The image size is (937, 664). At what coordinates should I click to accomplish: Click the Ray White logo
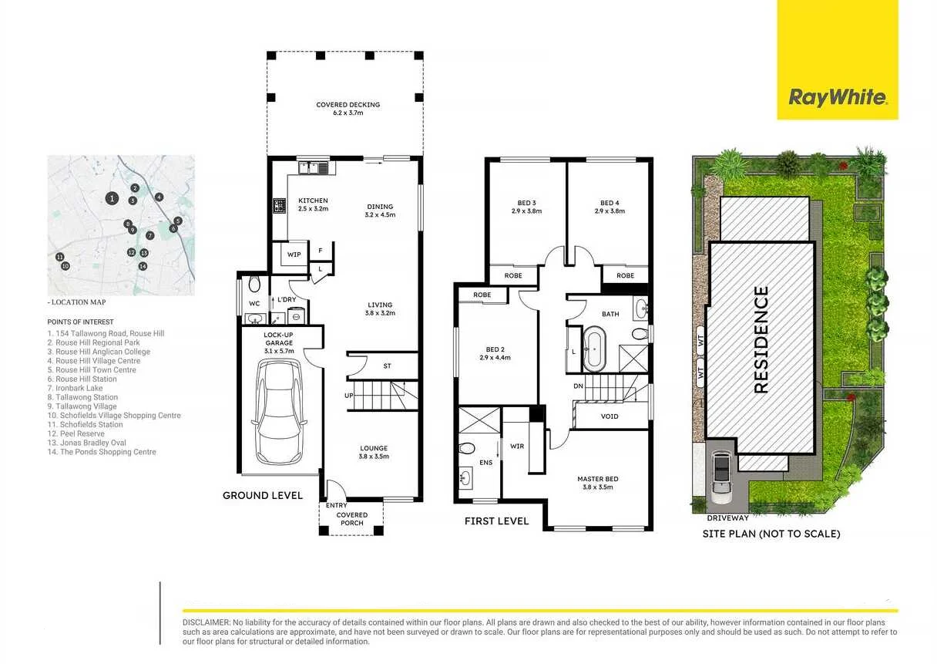point(837,97)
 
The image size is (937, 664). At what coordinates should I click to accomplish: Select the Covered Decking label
point(348,109)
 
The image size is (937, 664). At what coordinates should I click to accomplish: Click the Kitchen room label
point(313,204)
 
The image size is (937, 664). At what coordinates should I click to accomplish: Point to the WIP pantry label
point(294,254)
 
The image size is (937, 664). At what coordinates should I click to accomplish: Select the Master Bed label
point(597,483)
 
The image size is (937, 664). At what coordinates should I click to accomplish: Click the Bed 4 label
point(610,206)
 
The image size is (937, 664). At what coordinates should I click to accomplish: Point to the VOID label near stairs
point(609,416)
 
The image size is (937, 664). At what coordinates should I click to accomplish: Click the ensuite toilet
point(467,448)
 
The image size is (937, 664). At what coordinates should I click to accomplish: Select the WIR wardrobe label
point(517,446)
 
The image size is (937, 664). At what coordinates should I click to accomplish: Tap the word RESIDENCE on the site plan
point(761,340)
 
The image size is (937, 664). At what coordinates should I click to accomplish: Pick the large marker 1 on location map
point(113,199)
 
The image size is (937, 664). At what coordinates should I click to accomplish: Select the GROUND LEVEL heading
point(262,495)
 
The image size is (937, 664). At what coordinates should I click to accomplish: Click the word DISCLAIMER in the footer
point(207,622)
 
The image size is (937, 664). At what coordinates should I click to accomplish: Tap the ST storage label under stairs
point(387,366)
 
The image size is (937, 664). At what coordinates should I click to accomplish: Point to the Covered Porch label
point(352,519)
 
